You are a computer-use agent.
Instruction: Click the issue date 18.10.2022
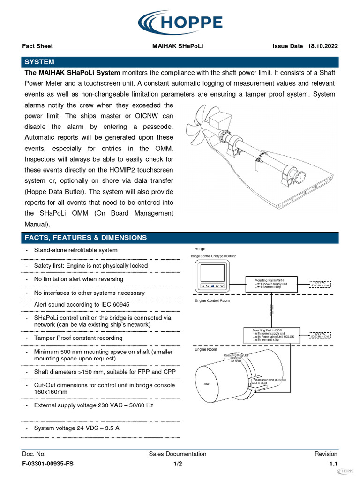[x=322, y=46]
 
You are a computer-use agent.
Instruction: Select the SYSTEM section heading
[x=39, y=62]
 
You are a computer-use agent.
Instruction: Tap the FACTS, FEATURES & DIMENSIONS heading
[x=85, y=238]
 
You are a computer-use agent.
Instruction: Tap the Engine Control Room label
[x=212, y=300]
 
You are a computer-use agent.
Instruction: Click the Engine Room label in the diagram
[x=206, y=350]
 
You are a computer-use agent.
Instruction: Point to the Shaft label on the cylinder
[x=207, y=384]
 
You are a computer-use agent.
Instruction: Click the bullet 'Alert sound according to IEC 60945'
[x=82, y=305]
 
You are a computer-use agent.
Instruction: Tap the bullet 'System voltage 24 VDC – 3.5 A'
[x=76, y=428]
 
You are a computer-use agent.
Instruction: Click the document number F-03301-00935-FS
[x=48, y=464]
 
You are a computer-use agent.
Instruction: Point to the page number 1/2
[x=178, y=464]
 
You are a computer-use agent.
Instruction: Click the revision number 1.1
[x=333, y=464]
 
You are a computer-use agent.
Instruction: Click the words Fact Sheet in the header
[x=37, y=46]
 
